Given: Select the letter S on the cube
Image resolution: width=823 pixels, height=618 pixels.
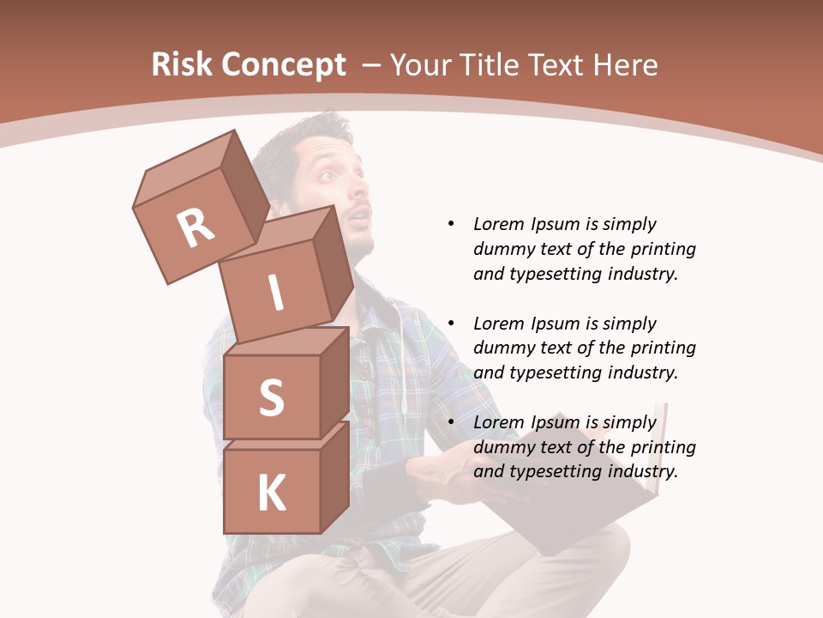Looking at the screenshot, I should [x=271, y=397].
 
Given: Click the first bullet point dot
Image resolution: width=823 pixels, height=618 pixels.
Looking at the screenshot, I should [x=451, y=224].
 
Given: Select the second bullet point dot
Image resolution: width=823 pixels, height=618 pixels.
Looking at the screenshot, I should [x=451, y=324].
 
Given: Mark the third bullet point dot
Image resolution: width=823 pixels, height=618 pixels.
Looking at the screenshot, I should [x=451, y=422].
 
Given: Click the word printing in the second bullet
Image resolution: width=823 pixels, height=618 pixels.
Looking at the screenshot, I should [x=664, y=348].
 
